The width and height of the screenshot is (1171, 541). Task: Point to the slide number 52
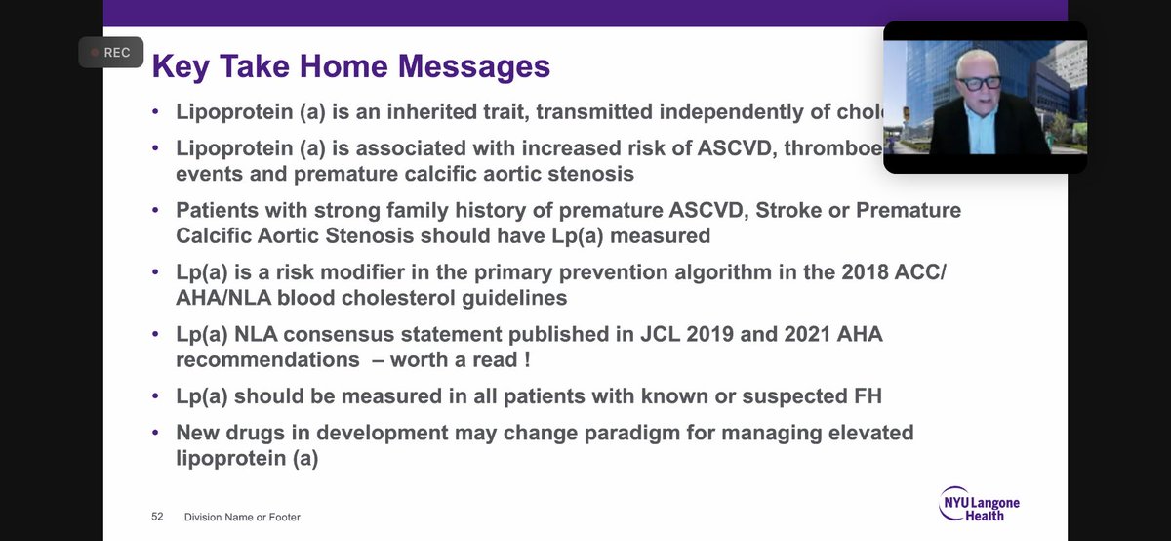(x=157, y=517)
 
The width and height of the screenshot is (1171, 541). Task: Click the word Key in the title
(x=182, y=67)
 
